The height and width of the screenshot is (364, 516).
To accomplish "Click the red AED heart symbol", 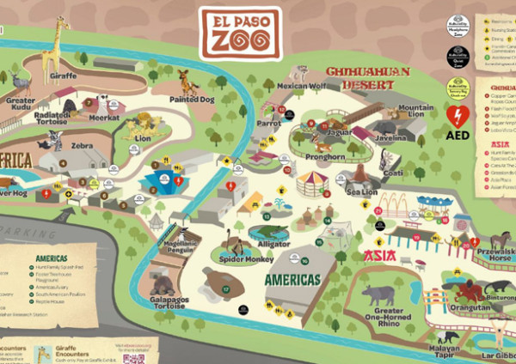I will (458, 117).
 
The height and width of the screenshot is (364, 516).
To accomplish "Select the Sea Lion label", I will (361, 191).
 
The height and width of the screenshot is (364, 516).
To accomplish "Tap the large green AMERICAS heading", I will (292, 280).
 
